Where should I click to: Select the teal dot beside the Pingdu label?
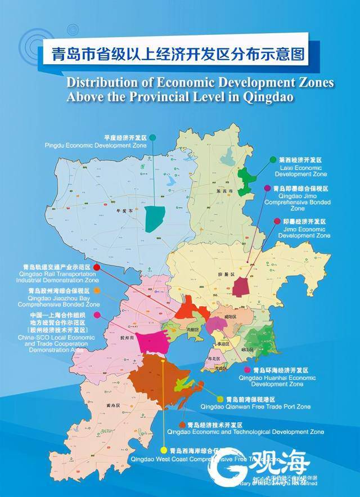click(x=152, y=137)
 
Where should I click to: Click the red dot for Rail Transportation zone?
click(x=97, y=267)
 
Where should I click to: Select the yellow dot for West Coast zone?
click(x=164, y=450)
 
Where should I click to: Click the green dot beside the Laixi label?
click(x=273, y=160)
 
